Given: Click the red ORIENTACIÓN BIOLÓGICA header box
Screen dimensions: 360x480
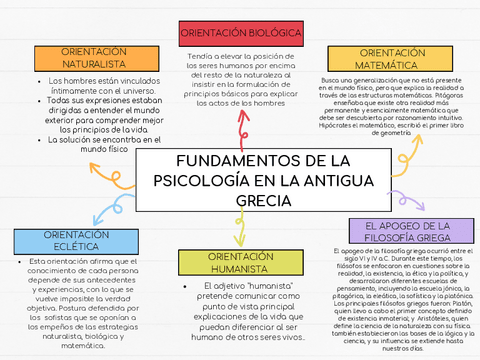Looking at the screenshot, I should click(x=241, y=33).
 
